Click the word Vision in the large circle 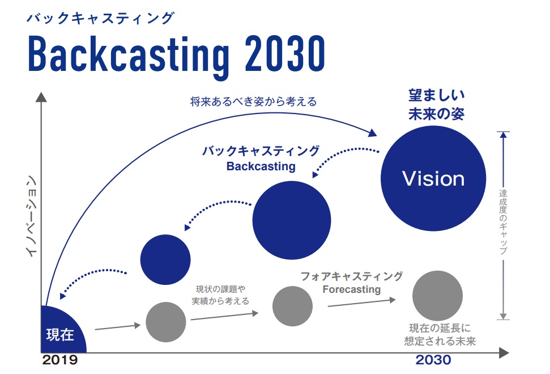(x=433, y=179)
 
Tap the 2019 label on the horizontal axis (x=59, y=360)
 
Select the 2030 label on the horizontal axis (x=433, y=360)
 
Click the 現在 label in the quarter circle (x=60, y=335)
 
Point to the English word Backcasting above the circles (x=261, y=166)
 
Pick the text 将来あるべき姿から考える (x=253, y=102)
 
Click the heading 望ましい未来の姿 (x=436, y=104)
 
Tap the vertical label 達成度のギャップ (x=503, y=221)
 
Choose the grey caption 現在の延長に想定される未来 (x=440, y=335)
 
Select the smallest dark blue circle (x=165, y=259)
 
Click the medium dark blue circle (x=291, y=220)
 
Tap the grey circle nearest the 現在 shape (x=166, y=322)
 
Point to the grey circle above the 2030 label (x=437, y=295)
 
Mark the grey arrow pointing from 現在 (x=117, y=326)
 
